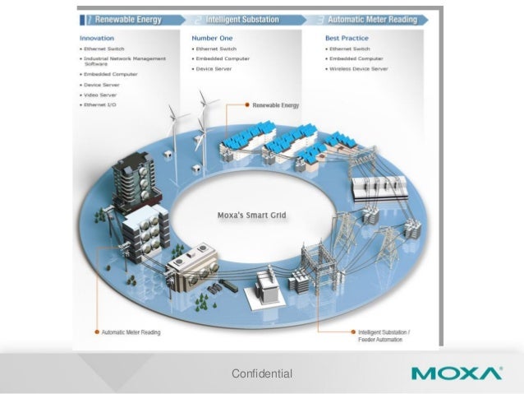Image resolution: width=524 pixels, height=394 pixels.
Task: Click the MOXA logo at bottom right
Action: coord(457,373)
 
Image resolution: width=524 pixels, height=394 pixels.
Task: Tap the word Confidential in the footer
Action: coord(262,374)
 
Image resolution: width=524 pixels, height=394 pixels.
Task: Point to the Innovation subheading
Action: coord(97,38)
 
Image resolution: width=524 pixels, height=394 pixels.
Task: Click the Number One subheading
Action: coord(211,38)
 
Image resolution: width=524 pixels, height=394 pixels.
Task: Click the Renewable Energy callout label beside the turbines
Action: coord(276,105)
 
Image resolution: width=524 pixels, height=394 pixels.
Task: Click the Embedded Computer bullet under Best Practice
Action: coord(356,59)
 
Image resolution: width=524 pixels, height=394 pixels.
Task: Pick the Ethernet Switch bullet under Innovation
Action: coord(104,49)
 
